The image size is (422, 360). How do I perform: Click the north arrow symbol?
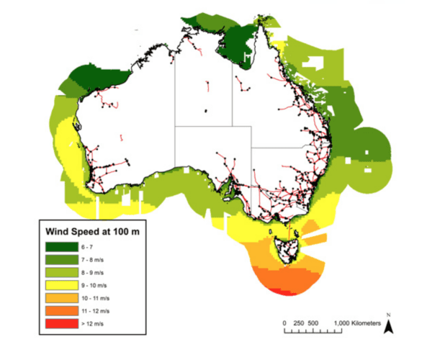387,328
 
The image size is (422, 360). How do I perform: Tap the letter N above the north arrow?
387,315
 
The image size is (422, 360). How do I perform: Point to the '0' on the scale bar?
284,324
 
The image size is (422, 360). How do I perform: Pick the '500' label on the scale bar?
313,324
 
